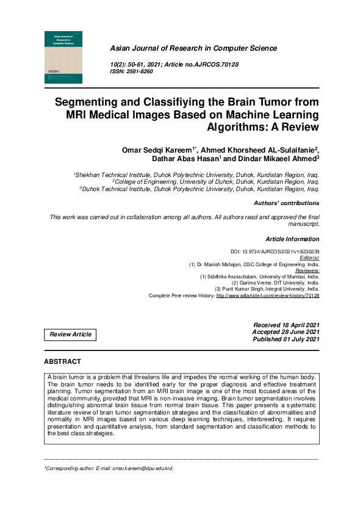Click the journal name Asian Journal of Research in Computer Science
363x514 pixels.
[x=193, y=48]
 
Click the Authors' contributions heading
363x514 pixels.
[x=286, y=203]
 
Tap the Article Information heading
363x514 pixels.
[x=292, y=239]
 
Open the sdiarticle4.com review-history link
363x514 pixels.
[x=268, y=295]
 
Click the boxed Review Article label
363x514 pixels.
[x=71, y=335]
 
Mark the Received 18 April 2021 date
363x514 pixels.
[x=286, y=325]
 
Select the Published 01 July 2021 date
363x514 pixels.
[x=285, y=339]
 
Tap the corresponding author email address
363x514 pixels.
[x=143, y=468]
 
